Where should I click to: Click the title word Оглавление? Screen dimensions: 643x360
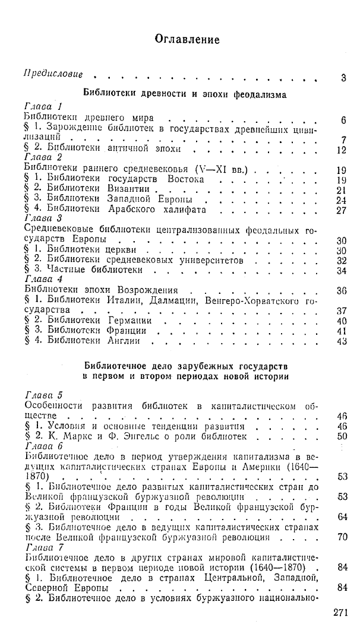tap(187, 40)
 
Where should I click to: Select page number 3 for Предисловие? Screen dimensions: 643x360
tap(344, 78)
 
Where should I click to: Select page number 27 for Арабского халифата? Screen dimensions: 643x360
tap(340, 210)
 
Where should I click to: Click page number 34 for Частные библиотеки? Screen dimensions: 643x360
tap(340, 271)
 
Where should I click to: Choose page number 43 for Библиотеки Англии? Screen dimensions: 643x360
tap(340, 342)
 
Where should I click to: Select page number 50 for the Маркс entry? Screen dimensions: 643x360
tap(341, 436)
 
